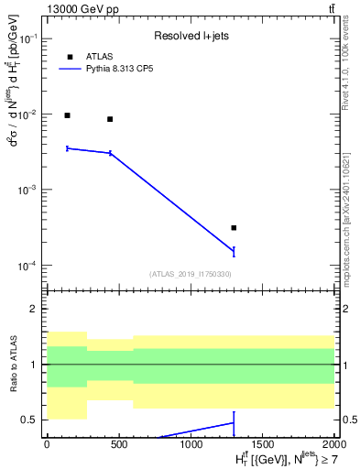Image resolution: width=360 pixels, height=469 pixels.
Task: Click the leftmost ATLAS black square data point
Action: click(x=67, y=115)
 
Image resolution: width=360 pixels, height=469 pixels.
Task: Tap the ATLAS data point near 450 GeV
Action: click(x=110, y=119)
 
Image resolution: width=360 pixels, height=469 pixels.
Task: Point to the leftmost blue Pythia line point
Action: click(x=67, y=147)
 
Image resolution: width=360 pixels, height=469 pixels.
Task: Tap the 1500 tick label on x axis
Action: click(x=262, y=444)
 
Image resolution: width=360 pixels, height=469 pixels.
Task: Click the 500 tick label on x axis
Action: click(x=118, y=444)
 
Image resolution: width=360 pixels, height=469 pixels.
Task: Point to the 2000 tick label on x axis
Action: click(x=333, y=444)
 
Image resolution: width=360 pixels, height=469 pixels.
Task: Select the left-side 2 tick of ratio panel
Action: click(x=34, y=310)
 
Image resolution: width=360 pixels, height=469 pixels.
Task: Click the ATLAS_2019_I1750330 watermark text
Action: click(x=190, y=274)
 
